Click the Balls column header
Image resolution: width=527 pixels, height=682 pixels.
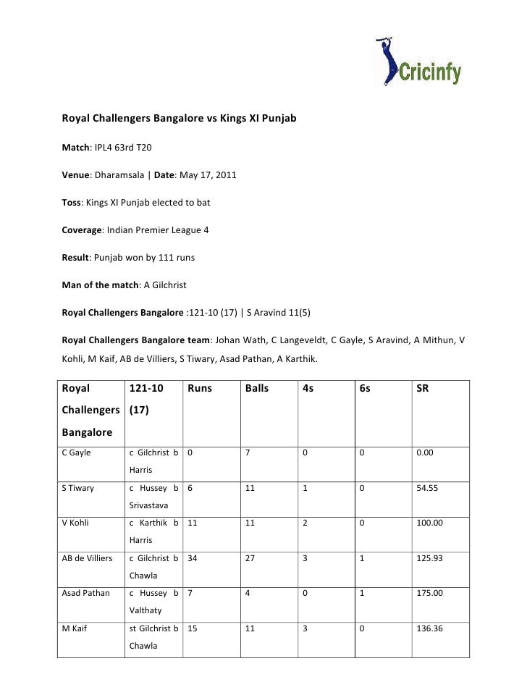(x=257, y=388)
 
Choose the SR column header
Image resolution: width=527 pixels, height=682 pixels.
(x=423, y=388)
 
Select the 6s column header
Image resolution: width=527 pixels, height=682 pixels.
(x=365, y=388)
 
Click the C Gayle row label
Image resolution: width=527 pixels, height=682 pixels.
(x=76, y=453)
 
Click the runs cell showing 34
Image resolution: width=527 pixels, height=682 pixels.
(x=193, y=557)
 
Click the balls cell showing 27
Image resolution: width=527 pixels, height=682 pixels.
(x=250, y=557)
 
